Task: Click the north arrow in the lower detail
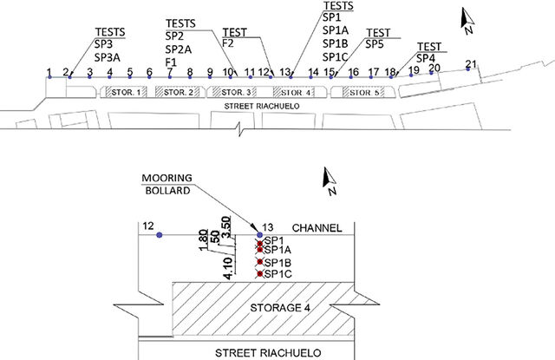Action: (x=329, y=180)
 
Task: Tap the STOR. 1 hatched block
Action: (x=123, y=93)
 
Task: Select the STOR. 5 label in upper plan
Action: (x=364, y=93)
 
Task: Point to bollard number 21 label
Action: (x=471, y=63)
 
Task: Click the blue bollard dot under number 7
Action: (x=170, y=77)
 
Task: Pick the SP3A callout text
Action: (x=108, y=57)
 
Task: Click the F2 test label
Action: (x=228, y=43)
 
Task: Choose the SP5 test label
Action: (x=375, y=44)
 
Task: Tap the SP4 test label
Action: (x=426, y=58)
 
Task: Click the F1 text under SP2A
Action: (x=171, y=62)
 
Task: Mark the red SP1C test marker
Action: (x=260, y=273)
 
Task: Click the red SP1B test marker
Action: (x=260, y=262)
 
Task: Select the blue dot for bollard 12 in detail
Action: (x=160, y=235)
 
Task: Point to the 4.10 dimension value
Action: (x=228, y=268)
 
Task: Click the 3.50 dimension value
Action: (x=225, y=228)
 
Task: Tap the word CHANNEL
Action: (x=317, y=228)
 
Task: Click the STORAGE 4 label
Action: (x=280, y=308)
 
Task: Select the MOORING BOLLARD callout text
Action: (x=167, y=184)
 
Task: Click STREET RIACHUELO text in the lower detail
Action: (x=268, y=353)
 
